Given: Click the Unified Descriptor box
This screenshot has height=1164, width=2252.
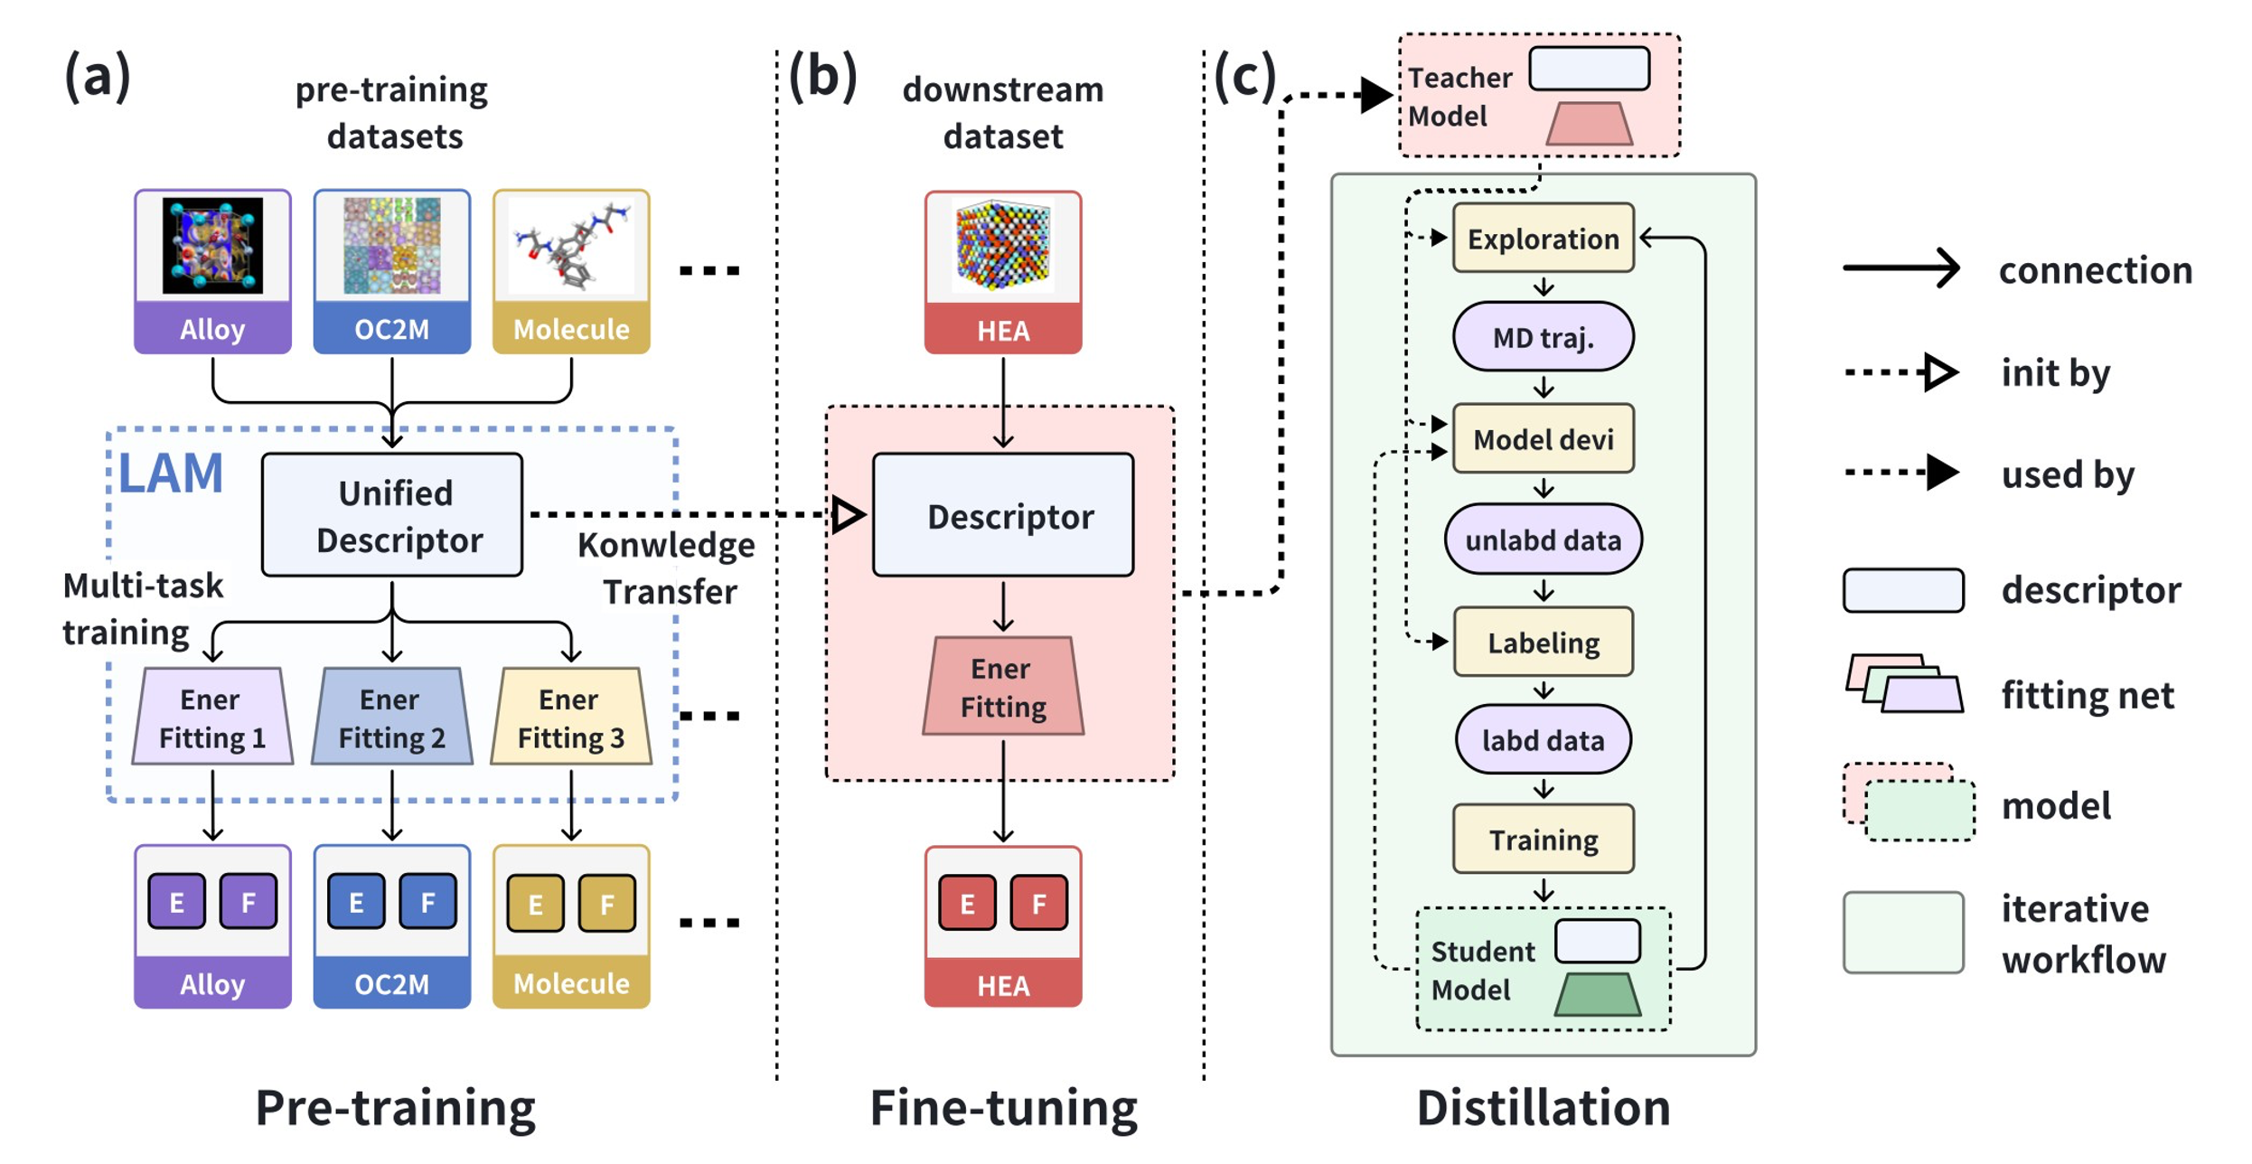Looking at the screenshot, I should [392, 515].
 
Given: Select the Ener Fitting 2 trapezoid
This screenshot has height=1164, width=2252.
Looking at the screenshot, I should [392, 718].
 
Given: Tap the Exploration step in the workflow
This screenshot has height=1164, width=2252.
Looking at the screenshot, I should [1543, 239].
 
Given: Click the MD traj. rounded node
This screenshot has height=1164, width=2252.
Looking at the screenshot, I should [1543, 337].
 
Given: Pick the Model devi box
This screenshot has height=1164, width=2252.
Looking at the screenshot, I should [1543, 439].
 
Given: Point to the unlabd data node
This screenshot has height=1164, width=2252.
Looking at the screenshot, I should [1543, 540].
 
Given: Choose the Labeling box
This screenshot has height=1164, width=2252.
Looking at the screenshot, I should [1543, 643].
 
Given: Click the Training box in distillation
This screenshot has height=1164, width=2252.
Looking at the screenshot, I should [1543, 840].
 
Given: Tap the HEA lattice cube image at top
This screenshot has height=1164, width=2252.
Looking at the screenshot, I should [1003, 246].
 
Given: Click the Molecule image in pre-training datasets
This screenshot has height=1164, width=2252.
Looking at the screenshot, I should [571, 246].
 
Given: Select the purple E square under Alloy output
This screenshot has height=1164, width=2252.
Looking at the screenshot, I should [177, 902].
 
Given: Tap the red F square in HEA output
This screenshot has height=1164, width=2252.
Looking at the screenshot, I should [1038, 903].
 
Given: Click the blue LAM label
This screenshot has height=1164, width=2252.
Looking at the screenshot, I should [171, 474].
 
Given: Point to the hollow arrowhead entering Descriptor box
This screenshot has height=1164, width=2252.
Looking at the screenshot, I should [848, 515].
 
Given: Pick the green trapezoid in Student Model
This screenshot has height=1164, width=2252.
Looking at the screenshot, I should [1597, 995].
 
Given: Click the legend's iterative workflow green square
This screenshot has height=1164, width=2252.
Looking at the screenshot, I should [1903, 933].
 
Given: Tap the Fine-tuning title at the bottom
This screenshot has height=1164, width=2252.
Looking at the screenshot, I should [1003, 1108].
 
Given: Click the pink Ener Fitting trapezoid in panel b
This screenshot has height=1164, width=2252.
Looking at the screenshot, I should [1003, 687].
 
